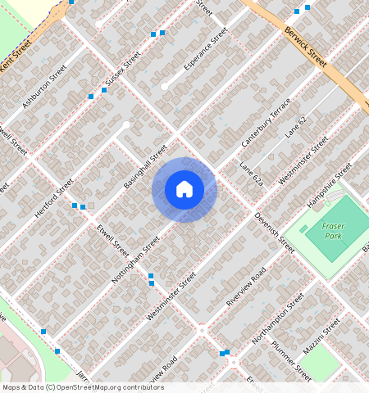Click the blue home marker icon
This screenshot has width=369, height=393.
point(184,189)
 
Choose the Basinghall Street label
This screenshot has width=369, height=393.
point(145,166)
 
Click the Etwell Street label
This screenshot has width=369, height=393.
point(113,242)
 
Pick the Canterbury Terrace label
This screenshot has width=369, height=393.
point(266,123)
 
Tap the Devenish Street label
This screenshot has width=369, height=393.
point(274,233)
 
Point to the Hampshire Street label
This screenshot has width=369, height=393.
point(330,186)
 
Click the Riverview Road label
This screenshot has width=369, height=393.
point(247,289)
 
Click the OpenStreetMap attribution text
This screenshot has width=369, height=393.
point(82,387)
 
